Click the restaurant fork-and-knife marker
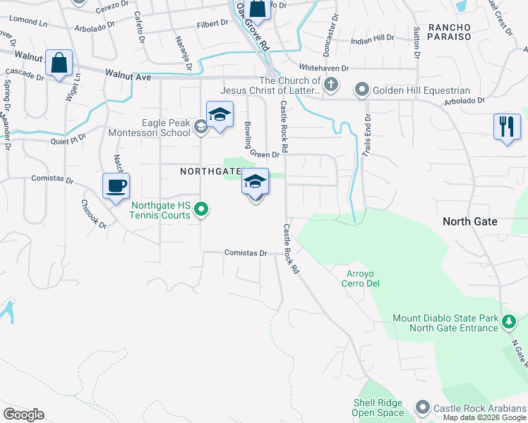tap(506, 127)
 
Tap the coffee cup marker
tap(116, 187)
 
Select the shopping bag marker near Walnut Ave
tap(59, 63)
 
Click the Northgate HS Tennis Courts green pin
tap(201, 208)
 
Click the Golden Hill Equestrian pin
tap(362, 90)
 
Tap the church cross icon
tap(331, 85)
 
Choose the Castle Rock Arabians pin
tap(423, 407)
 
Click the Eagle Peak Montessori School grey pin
tap(200, 127)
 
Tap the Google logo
tap(24, 414)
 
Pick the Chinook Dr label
tap(92, 215)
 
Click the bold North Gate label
tap(470, 221)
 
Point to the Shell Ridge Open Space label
tap(379, 407)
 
